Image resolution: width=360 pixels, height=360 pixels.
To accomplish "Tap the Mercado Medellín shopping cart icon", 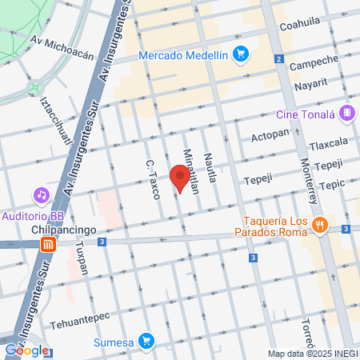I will click(x=240, y=54).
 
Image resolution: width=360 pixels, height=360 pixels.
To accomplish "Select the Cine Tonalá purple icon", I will click(x=346, y=113).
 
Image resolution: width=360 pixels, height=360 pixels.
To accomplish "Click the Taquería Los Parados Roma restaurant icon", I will click(x=320, y=226).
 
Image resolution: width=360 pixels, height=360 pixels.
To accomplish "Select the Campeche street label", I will click(x=308, y=64).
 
